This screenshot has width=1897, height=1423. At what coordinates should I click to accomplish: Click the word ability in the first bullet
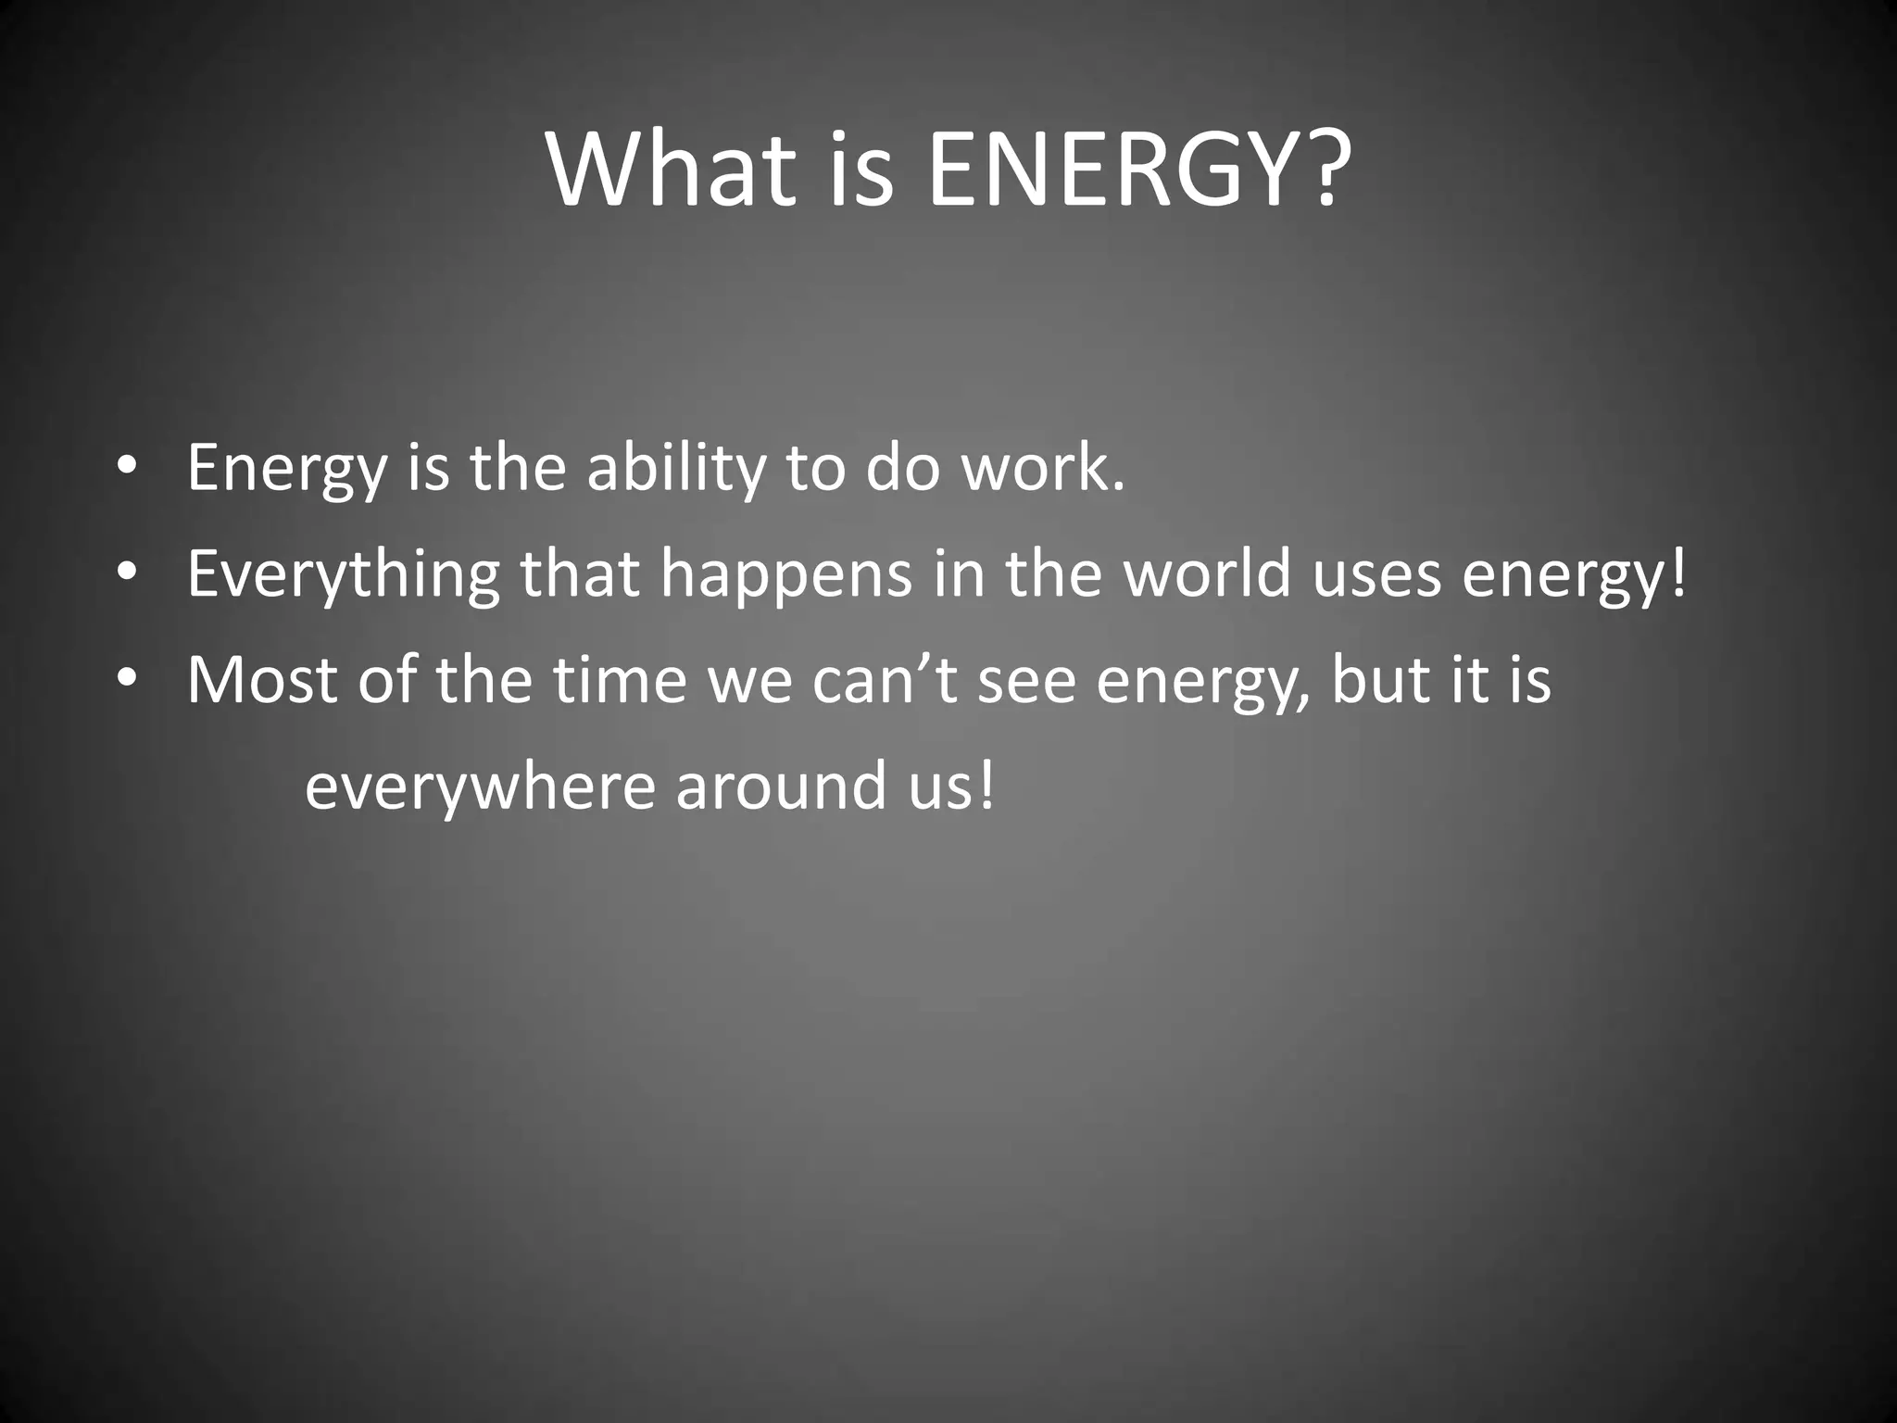click(x=676, y=468)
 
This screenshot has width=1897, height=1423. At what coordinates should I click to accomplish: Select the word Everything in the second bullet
click(x=343, y=574)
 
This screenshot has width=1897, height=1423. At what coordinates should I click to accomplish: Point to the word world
click(x=1208, y=573)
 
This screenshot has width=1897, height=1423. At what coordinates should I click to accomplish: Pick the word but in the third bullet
click(x=1376, y=680)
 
